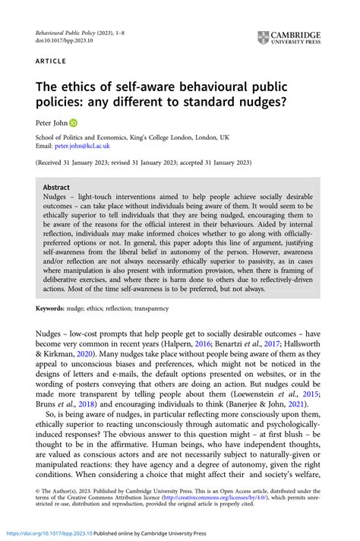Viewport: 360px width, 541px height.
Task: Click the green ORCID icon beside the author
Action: click(73, 122)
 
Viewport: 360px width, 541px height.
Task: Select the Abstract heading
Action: click(57, 187)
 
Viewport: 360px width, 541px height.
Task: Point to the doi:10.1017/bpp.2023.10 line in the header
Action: click(62, 43)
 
